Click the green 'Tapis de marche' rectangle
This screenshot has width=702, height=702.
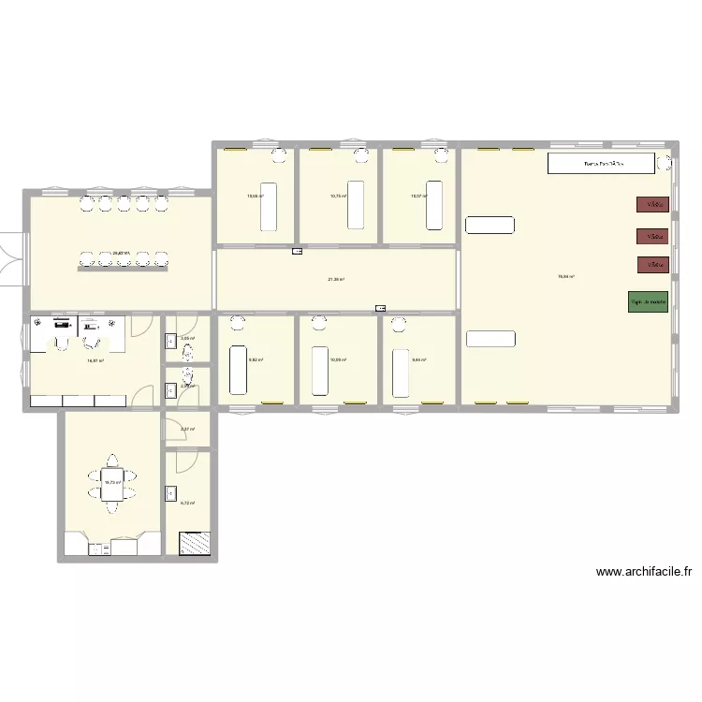click(x=648, y=302)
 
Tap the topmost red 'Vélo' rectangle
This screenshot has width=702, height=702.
click(x=651, y=204)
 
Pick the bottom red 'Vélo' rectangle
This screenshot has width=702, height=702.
click(x=651, y=265)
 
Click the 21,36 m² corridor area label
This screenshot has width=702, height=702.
click(x=336, y=279)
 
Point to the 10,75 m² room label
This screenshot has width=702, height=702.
click(x=338, y=197)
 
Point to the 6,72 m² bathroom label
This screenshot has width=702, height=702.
click(x=186, y=503)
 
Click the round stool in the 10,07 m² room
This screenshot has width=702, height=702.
click(x=437, y=155)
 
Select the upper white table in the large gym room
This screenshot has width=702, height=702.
click(x=490, y=225)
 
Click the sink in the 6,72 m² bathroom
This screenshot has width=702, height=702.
click(x=171, y=492)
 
